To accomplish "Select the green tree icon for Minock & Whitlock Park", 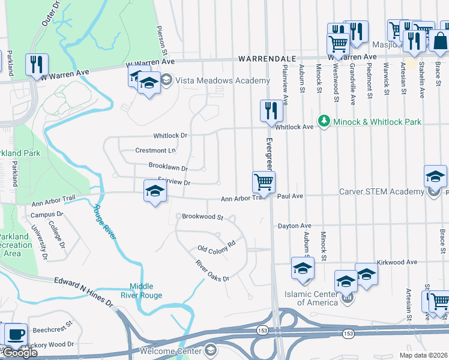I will (x=325, y=122).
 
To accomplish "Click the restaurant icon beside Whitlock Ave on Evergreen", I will (x=268, y=110).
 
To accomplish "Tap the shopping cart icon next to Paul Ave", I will (x=263, y=182).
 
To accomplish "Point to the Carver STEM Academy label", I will (x=381, y=191).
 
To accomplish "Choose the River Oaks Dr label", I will (x=212, y=271).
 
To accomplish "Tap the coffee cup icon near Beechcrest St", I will (x=16, y=334).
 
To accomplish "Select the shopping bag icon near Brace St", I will (x=439, y=41).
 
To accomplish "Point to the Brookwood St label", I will (x=202, y=216).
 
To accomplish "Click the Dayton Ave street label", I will (x=294, y=226).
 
